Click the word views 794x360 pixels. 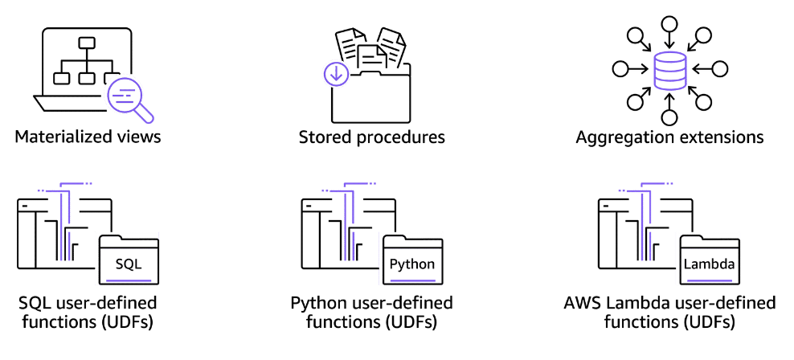[141, 137]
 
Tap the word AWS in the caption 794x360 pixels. [584, 304]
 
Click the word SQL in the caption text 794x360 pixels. [35, 304]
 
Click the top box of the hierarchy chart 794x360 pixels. [87, 43]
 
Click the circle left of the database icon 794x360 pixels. [620, 68]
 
